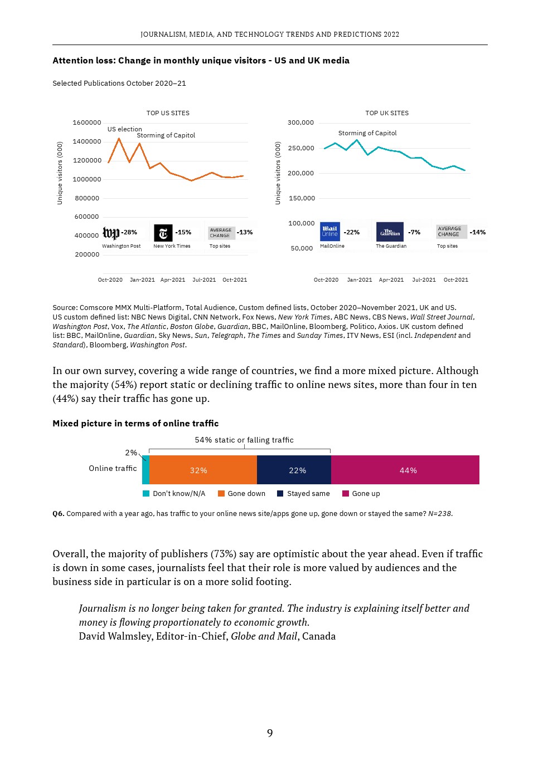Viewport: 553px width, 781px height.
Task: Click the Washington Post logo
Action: tap(111, 233)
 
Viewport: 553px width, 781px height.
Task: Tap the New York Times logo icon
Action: tap(163, 233)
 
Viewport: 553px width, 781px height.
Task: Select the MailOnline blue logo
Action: tap(330, 232)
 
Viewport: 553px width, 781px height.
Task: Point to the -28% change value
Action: tap(129, 232)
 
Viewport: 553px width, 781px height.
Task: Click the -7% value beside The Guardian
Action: tap(414, 232)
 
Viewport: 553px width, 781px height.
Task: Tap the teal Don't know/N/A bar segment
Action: tap(145, 470)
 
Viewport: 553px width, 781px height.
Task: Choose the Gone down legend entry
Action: tap(241, 494)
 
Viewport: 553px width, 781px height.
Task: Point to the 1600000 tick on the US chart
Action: tap(87, 122)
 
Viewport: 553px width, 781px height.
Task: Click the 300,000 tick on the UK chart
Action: tap(300, 122)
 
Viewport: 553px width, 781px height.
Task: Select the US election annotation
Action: tap(124, 129)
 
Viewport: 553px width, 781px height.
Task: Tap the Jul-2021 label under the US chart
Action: tap(204, 280)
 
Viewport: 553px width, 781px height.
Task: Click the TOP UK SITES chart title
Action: tap(387, 113)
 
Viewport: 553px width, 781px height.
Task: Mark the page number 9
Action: tap(270, 733)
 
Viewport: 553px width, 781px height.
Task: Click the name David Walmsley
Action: tap(115, 636)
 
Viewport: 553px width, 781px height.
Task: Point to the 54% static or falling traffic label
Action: tap(244, 440)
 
